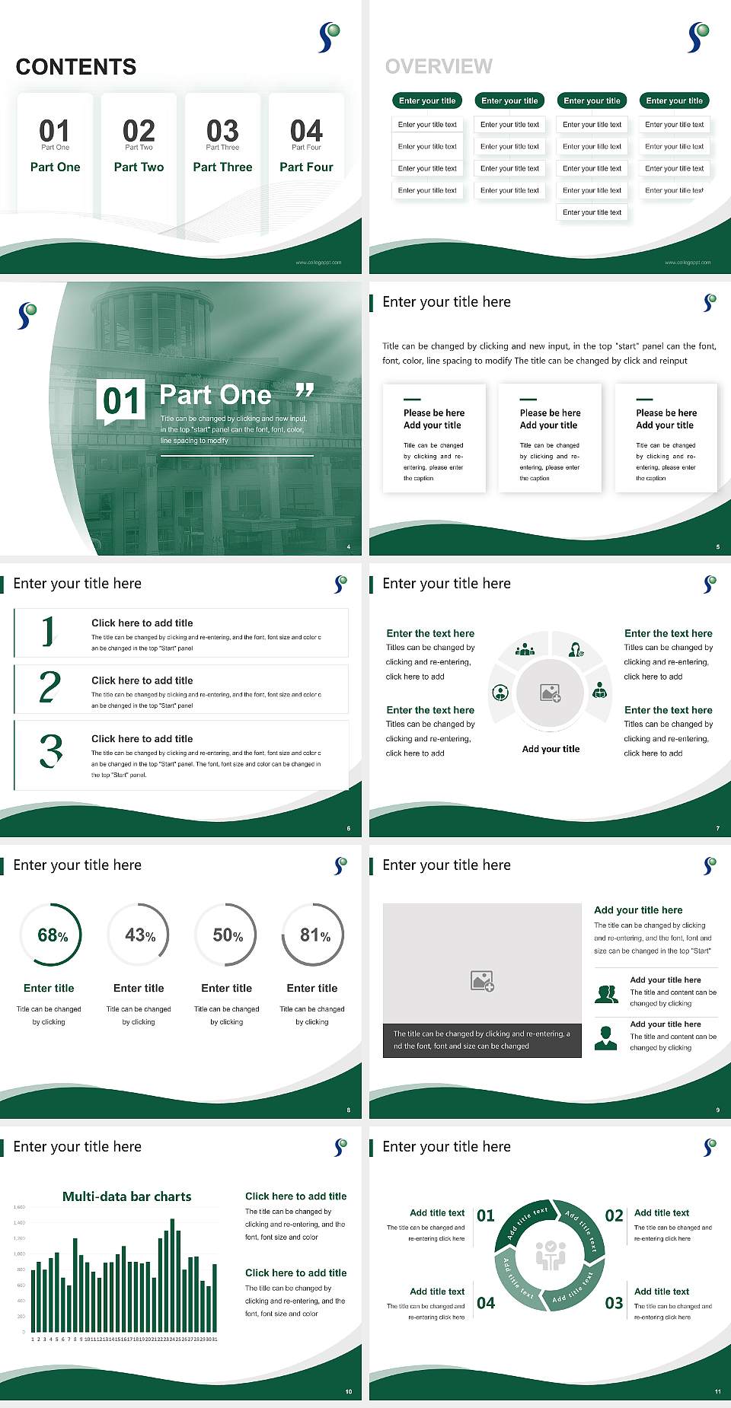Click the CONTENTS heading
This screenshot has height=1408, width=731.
click(x=76, y=67)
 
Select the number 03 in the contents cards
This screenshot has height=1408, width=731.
click(x=222, y=131)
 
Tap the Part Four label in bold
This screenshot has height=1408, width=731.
click(x=306, y=167)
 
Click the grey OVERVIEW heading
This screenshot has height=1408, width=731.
click(x=439, y=66)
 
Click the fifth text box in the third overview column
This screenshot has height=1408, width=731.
click(x=592, y=212)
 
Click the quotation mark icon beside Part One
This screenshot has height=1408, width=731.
click(x=305, y=390)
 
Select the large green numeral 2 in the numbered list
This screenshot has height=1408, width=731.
click(x=49, y=687)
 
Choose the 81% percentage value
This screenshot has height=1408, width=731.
click(x=314, y=935)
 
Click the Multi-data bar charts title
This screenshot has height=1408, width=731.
click(x=126, y=1196)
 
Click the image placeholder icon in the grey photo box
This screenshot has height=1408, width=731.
click(x=482, y=981)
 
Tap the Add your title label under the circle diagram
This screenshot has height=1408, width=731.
click(x=551, y=749)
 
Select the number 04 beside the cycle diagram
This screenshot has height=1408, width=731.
click(x=486, y=1303)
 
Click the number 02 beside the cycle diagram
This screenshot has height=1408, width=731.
click(x=614, y=1215)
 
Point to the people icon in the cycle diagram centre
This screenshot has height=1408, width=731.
click(x=550, y=1255)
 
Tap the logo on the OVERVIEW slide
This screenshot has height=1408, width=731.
click(x=698, y=37)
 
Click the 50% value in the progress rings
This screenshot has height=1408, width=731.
click(x=227, y=935)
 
